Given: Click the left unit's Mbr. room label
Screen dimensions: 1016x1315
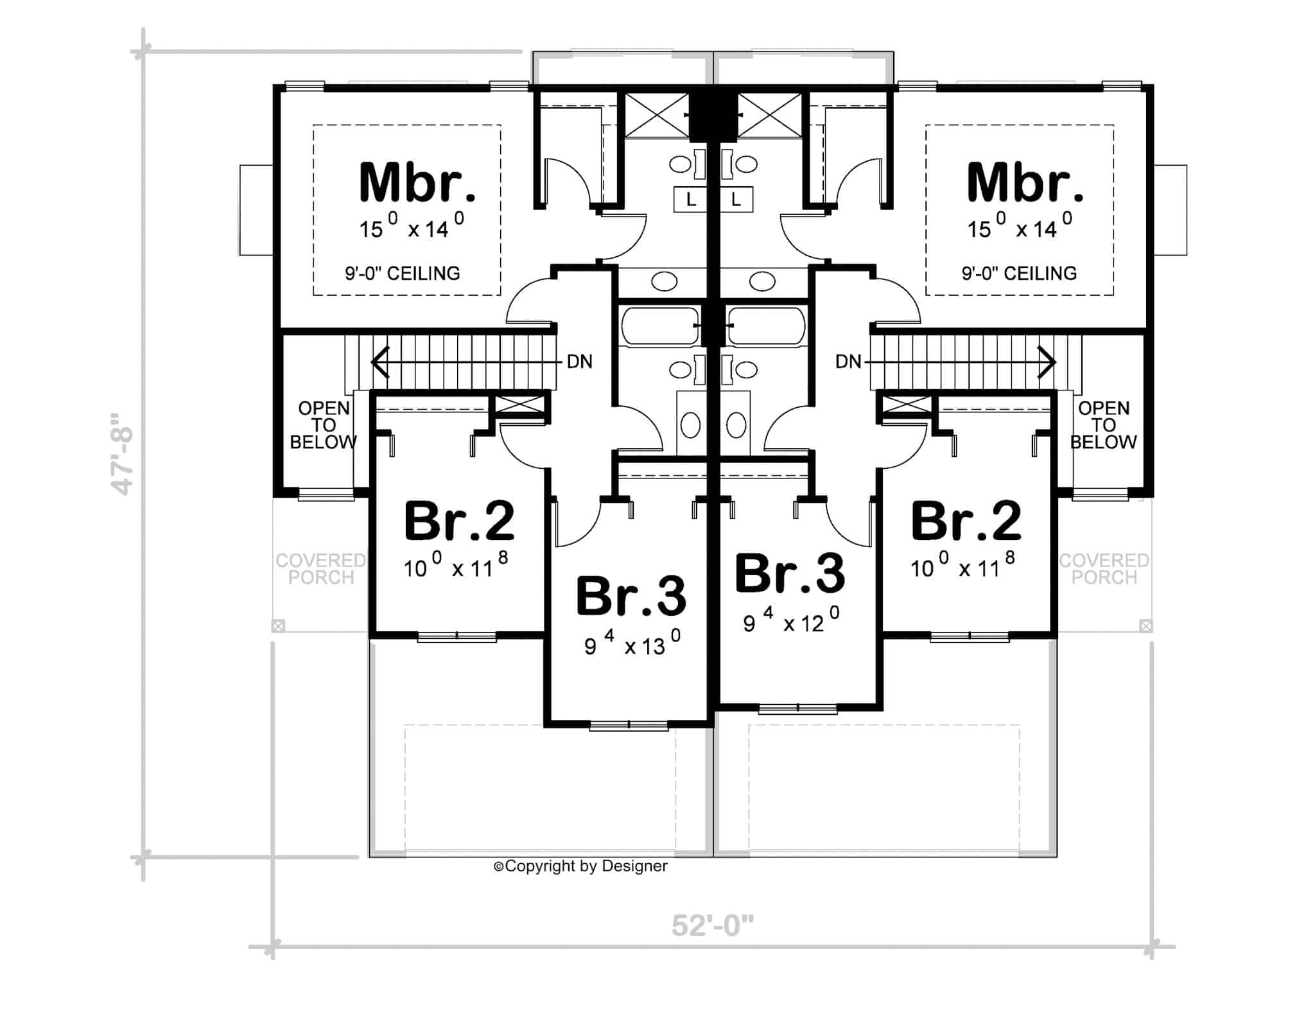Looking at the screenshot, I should coord(417,183).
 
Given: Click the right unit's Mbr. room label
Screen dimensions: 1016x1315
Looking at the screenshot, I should coord(1025,183).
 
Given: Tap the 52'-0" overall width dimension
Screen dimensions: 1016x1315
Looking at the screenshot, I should coord(712,926).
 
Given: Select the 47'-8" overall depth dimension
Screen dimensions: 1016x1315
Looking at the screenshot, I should coord(123,453).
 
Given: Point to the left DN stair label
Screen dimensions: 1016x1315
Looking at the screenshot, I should coord(579,362).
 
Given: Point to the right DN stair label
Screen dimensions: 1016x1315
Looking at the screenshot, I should coord(848,362).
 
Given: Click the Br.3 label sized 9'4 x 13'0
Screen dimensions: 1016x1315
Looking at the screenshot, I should coord(631,597).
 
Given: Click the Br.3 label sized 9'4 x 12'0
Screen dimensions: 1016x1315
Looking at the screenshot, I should coord(789,574).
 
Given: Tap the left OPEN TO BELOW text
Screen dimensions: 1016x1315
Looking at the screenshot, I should coord(324,425).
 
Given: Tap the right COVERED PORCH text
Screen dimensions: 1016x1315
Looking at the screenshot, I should coord(1104,569).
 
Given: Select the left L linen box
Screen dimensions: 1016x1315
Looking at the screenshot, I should coord(690,200).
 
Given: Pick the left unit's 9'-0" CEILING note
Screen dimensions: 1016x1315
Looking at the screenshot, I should coord(403,274).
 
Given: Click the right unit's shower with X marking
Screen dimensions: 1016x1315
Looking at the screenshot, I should coord(770,115).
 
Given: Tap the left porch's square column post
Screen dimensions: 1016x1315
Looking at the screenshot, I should coord(278,626).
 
